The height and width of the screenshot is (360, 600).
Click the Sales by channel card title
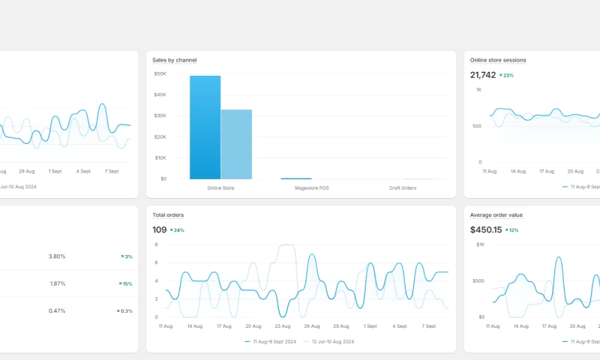pos(174,60)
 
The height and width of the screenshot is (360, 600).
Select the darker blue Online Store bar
pos(205,127)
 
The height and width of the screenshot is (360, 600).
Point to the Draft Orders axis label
pos(403,187)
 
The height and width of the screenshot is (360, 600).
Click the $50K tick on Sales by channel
pos(160,73)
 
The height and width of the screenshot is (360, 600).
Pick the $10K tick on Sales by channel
pos(160,157)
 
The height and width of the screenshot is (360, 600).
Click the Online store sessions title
pos(498,60)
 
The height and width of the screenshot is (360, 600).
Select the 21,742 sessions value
pos(483,75)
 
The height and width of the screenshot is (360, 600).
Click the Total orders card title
pos(168,215)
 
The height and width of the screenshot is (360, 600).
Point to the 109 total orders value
pos(159,230)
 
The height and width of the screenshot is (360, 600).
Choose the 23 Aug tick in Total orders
pos(282,326)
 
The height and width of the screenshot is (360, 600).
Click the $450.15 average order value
pos(485,230)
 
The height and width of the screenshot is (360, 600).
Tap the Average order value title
pos(496,215)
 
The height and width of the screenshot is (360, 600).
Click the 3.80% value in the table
pos(57,256)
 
